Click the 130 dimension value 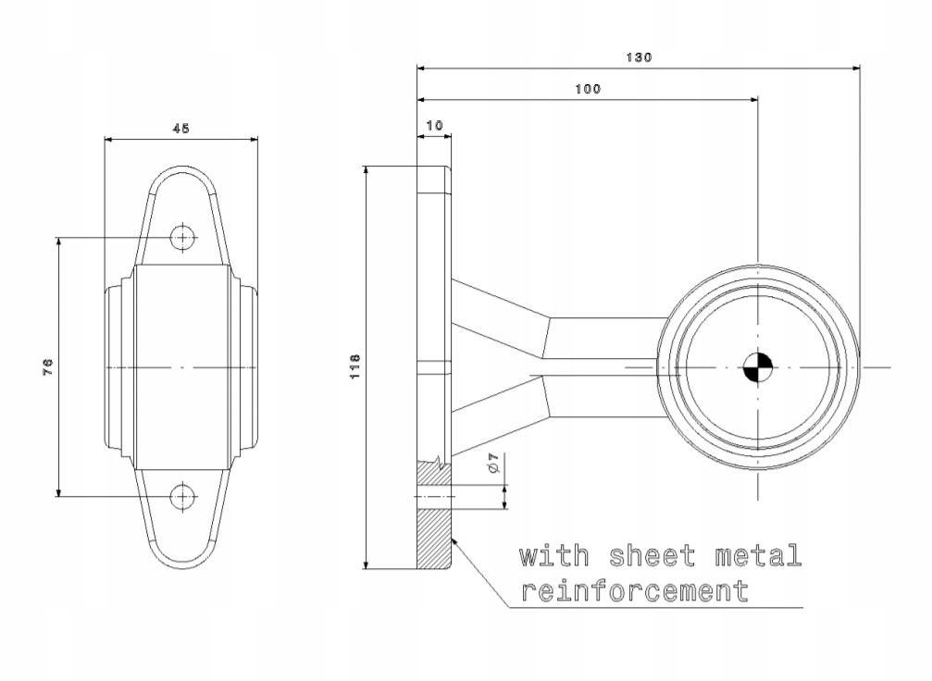639,57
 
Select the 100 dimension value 588,89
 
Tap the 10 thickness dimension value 434,126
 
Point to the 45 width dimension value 180,129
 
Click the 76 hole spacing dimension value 48,366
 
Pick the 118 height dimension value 354,366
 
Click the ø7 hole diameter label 493,463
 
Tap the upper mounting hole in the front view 183,238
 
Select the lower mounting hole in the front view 183,496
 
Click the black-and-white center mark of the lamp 758,368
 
